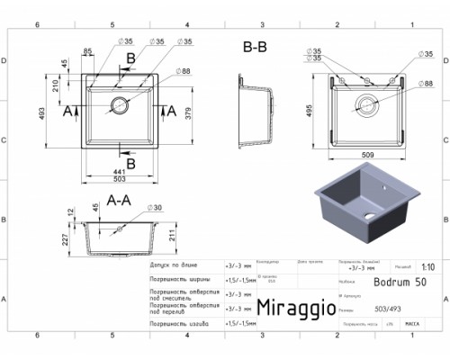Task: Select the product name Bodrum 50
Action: (396, 282)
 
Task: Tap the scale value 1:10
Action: (427, 267)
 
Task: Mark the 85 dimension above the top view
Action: (87, 50)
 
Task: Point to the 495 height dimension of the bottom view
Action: (310, 110)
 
